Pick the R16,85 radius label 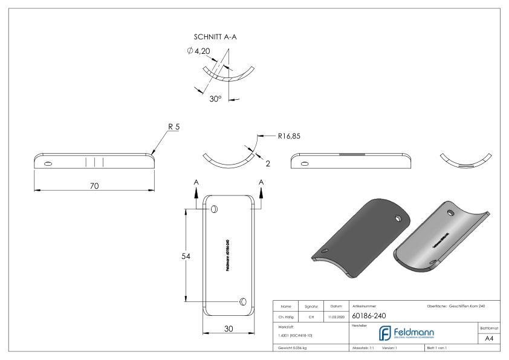[289, 136]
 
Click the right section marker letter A [261, 182]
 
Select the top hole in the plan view [214, 209]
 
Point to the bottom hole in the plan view [242, 301]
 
